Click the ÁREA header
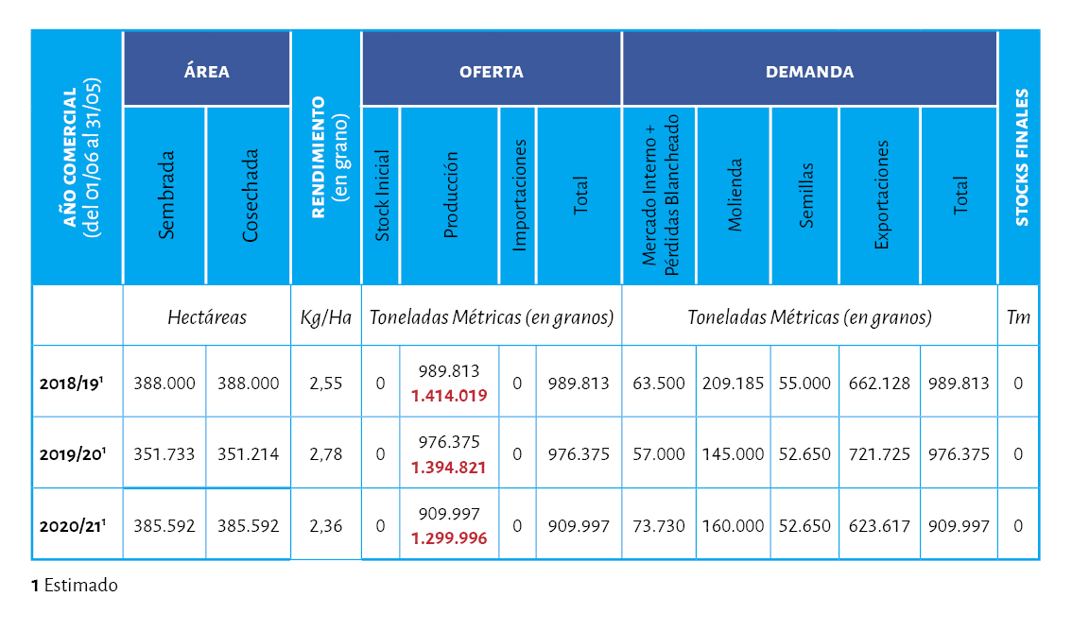click(207, 71)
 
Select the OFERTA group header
click(491, 71)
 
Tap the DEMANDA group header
click(809, 71)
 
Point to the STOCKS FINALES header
click(1020, 158)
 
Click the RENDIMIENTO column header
click(326, 158)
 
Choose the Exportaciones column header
click(880, 196)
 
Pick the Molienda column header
click(734, 196)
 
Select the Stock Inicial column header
click(381, 196)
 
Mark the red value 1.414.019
click(449, 396)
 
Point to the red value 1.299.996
click(449, 538)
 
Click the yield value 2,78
click(326, 454)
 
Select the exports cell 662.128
click(880, 384)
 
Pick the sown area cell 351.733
click(164, 454)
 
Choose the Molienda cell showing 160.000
click(734, 526)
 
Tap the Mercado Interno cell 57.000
click(659, 454)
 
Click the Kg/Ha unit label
click(326, 317)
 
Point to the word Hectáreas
click(207, 317)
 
